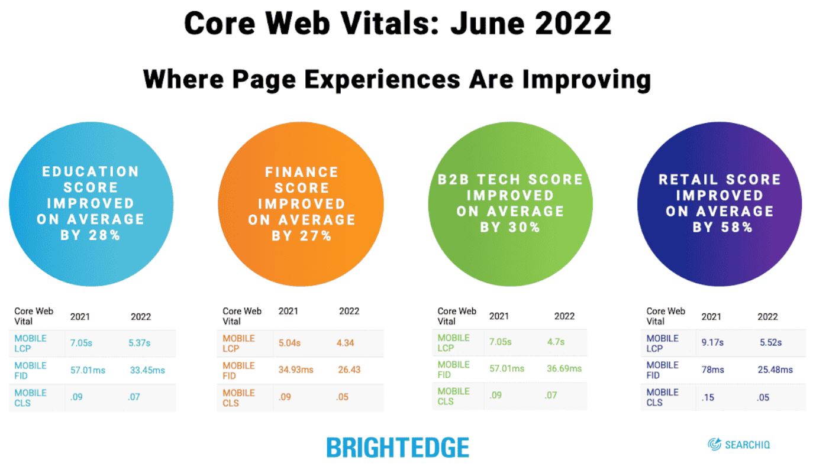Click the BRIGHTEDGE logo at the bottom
pyautogui.click(x=398, y=447)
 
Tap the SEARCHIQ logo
pyautogui.click(x=738, y=444)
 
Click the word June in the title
pyautogui.click(x=486, y=23)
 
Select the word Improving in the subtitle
pyautogui.click(x=587, y=80)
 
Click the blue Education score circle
pyautogui.click(x=91, y=204)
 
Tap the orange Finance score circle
pyautogui.click(x=301, y=204)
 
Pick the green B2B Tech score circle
pyautogui.click(x=510, y=204)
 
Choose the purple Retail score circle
pyautogui.click(x=720, y=204)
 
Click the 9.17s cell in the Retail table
pyautogui.click(x=712, y=342)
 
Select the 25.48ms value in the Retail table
pyautogui.click(x=775, y=369)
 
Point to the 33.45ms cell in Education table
pyautogui.click(x=147, y=370)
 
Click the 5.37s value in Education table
pyautogui.click(x=140, y=343)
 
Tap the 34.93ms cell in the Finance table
pyautogui.click(x=296, y=369)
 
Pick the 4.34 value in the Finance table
pyautogui.click(x=345, y=343)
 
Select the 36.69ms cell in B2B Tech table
pyautogui.click(x=564, y=368)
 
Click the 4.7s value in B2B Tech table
pyautogui.click(x=556, y=342)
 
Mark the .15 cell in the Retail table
pyautogui.click(x=708, y=397)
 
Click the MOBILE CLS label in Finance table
pyautogui.click(x=238, y=398)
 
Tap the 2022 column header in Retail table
pyautogui.click(x=767, y=317)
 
